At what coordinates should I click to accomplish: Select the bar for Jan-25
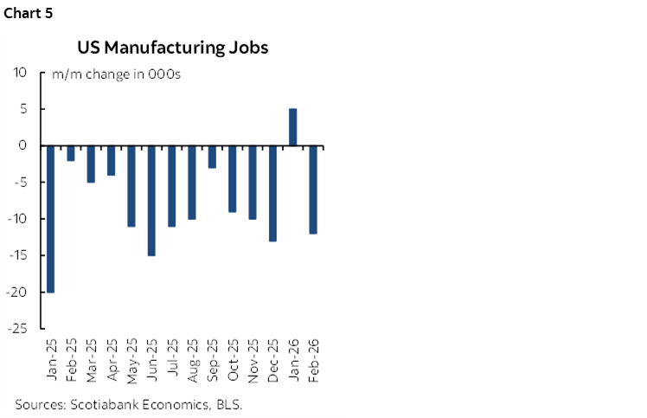tap(50, 218)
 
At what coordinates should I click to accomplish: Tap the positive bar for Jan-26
tap(293, 127)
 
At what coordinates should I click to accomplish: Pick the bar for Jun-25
tap(151, 200)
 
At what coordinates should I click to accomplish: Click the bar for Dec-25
tap(273, 193)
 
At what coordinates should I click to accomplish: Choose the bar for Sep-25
tap(212, 157)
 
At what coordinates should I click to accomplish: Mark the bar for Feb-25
tap(71, 153)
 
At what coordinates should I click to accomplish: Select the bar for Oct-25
tap(233, 178)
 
